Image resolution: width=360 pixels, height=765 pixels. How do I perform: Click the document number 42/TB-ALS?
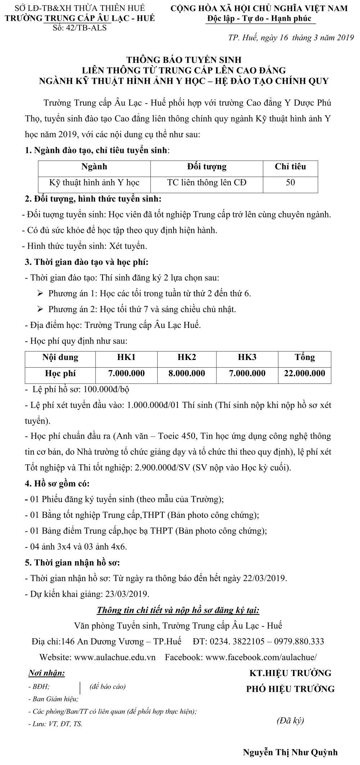pos(87,28)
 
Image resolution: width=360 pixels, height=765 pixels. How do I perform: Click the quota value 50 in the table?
pos(290,183)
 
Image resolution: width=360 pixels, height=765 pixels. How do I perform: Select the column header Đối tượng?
pos(207,167)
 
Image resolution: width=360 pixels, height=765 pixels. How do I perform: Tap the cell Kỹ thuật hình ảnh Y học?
pos(94,183)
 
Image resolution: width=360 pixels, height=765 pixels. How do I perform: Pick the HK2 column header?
pos(187,357)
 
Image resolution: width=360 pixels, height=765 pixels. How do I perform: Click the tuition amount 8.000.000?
pos(187,373)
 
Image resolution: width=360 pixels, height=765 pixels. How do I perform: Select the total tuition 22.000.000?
pos(305,373)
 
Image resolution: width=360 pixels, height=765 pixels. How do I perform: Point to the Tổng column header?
pos(305,357)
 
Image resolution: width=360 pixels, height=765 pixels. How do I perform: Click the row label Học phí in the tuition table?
pos(60,373)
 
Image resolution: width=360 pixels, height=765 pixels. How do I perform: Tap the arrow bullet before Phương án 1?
pos(40,293)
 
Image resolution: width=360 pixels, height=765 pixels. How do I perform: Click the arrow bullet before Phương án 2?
pos(40,309)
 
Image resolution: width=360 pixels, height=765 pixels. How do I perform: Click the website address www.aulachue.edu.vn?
pos(115,657)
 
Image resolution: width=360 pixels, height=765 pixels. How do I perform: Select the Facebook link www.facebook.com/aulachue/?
pos(261,657)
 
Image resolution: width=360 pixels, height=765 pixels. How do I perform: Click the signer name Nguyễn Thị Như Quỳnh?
pos(290,752)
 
